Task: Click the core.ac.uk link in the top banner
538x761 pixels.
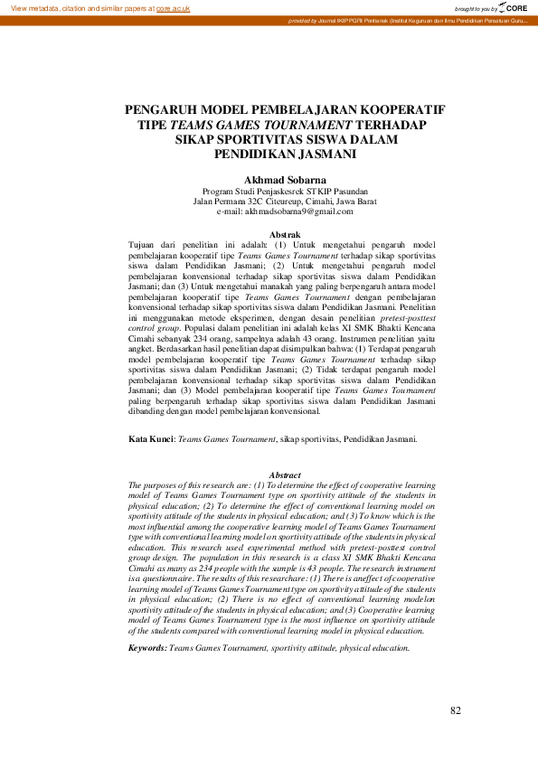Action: [x=173, y=7]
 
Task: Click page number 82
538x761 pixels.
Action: [x=456, y=710]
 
